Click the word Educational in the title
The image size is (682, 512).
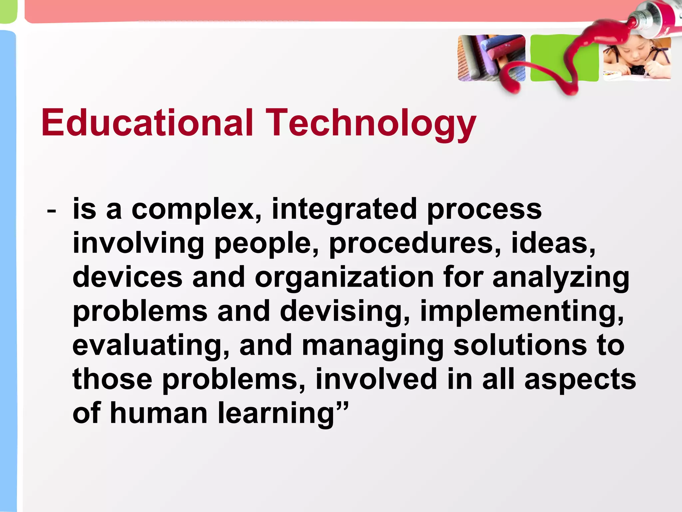click(x=147, y=123)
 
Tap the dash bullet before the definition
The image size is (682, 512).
click(x=52, y=211)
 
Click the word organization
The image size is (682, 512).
click(x=344, y=279)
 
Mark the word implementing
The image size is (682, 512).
click(x=521, y=313)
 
